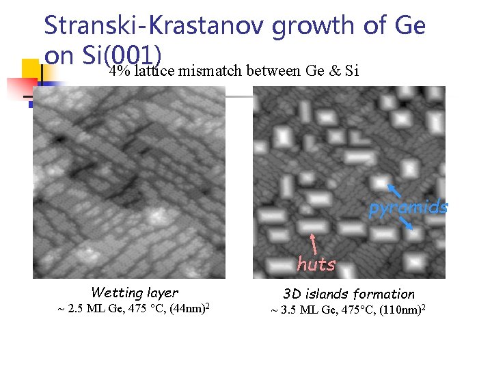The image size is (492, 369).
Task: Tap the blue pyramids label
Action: point(408,208)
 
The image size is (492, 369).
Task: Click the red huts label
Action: point(316,264)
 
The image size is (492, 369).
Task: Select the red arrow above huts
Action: point(313,243)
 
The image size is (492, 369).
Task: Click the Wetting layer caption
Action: point(134,292)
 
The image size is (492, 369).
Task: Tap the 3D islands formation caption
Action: point(348,294)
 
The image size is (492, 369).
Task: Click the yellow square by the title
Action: point(30,68)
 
